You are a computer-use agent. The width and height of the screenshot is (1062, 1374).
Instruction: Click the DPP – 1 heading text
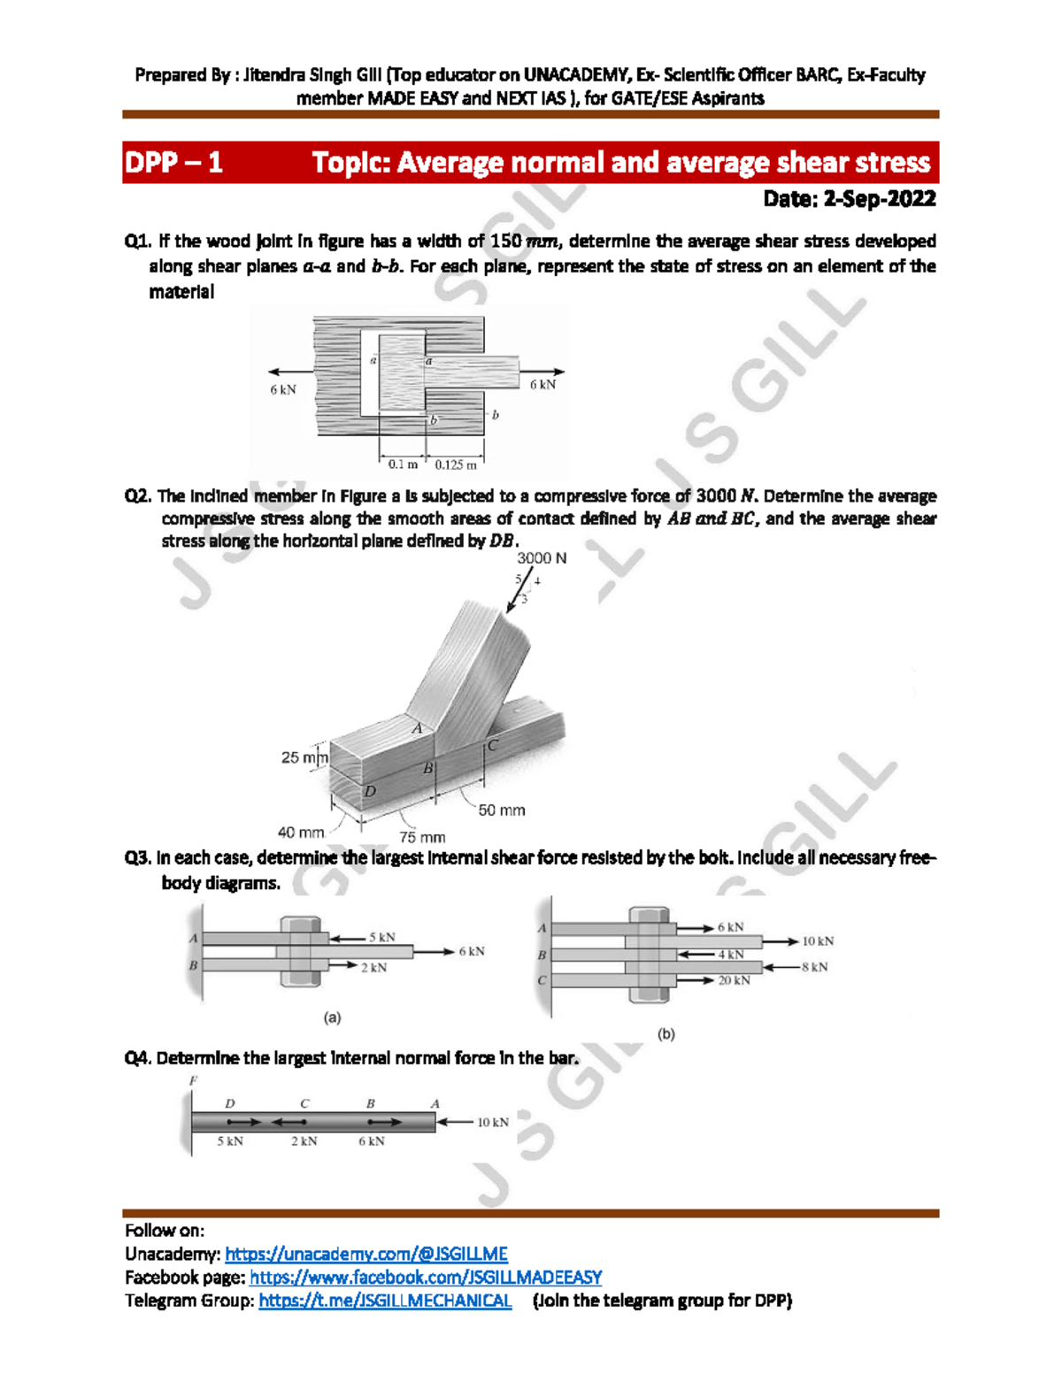tap(173, 163)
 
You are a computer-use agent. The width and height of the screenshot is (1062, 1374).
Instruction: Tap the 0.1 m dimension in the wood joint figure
tap(403, 464)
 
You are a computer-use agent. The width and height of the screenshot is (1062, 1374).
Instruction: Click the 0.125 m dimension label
tap(456, 464)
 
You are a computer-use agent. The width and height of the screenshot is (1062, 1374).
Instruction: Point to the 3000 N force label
tap(542, 558)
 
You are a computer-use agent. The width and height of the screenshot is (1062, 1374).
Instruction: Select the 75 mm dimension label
tap(422, 837)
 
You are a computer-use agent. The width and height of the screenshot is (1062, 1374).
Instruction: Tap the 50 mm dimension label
tap(502, 810)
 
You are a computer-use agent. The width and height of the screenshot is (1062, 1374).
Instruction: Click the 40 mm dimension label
tap(301, 833)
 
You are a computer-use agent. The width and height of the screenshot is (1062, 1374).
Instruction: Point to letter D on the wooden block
tap(370, 791)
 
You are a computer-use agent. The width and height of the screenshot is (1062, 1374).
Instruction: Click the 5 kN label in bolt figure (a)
tap(382, 937)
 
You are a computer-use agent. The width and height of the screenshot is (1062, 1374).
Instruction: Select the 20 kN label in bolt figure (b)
tap(735, 980)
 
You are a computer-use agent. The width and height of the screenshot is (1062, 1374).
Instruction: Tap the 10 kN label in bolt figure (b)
tap(818, 941)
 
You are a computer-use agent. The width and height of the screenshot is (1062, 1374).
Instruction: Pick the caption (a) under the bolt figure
tap(332, 1017)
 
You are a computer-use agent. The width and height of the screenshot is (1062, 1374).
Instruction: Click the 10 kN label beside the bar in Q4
tap(493, 1122)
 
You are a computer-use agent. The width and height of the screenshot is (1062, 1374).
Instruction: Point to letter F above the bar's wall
tap(193, 1080)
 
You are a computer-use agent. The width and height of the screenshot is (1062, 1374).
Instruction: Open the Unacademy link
tap(366, 1254)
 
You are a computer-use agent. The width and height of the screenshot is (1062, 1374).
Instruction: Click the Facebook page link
tap(426, 1277)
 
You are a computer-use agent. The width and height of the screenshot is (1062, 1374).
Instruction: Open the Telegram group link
tap(385, 1301)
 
